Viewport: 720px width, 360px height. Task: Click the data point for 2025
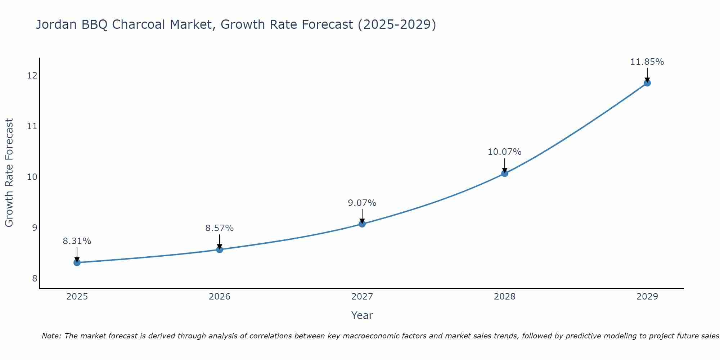click(x=77, y=262)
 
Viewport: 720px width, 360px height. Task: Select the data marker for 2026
click(x=220, y=249)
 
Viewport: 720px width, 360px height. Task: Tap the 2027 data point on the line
click(x=362, y=224)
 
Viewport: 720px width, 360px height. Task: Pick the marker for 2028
click(x=505, y=173)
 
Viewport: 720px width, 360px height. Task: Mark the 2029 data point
click(x=647, y=83)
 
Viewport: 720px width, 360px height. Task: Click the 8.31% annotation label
click(x=77, y=241)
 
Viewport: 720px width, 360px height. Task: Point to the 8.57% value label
click(x=220, y=228)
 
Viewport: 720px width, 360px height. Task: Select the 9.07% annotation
click(x=362, y=203)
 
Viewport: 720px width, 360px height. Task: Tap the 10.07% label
click(x=505, y=152)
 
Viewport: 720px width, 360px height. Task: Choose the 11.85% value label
click(x=647, y=62)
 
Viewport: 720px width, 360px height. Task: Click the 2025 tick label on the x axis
click(x=77, y=297)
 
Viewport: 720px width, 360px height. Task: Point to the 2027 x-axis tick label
click(x=362, y=297)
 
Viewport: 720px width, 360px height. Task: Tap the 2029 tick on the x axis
click(x=647, y=297)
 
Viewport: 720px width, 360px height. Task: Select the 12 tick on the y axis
click(x=32, y=76)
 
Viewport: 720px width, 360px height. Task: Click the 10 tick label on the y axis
click(x=32, y=177)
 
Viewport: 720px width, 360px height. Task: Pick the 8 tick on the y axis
click(x=35, y=279)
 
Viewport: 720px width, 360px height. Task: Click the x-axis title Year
click(x=362, y=315)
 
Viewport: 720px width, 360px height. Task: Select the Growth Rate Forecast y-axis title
click(x=9, y=173)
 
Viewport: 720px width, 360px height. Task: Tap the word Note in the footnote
click(x=52, y=336)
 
